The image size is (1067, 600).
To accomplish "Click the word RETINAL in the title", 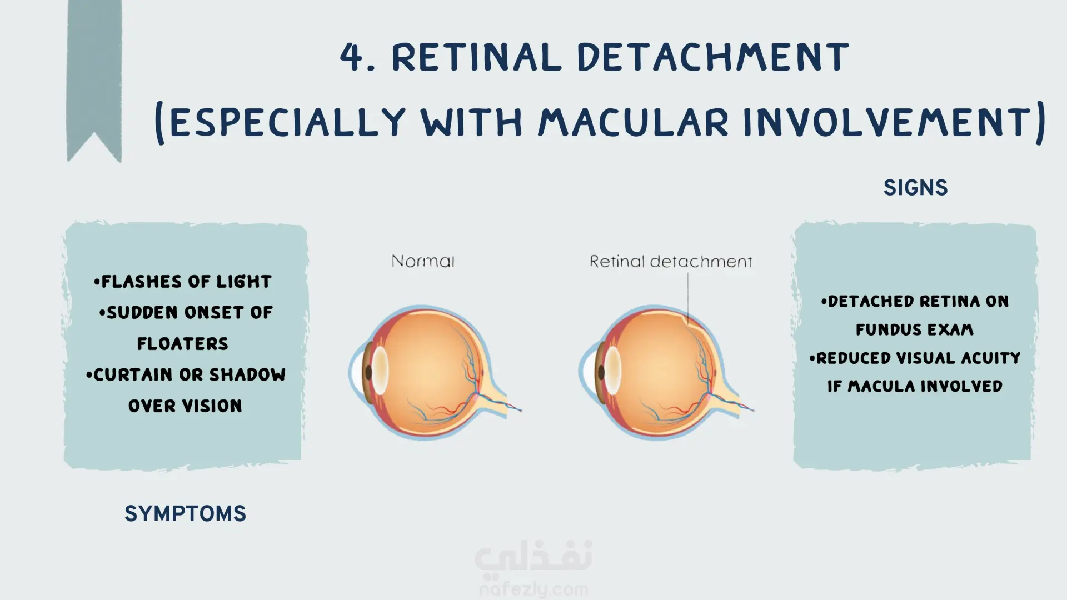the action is (477, 57).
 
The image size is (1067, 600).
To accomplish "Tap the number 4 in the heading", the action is (352, 57).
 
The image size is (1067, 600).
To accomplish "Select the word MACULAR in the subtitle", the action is (633, 122).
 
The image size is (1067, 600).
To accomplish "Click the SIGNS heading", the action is (915, 188).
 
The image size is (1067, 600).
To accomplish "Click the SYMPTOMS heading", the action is (185, 514).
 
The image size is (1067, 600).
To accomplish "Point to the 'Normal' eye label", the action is (423, 261).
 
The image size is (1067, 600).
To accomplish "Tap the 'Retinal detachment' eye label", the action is (671, 261).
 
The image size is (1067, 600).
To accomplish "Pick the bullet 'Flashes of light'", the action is (183, 282).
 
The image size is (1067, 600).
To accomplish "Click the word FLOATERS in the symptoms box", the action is (183, 344).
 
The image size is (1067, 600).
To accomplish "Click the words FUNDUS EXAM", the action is (915, 329).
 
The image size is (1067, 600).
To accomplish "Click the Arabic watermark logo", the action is (533, 557).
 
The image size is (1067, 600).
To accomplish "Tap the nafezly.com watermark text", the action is (533, 589).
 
